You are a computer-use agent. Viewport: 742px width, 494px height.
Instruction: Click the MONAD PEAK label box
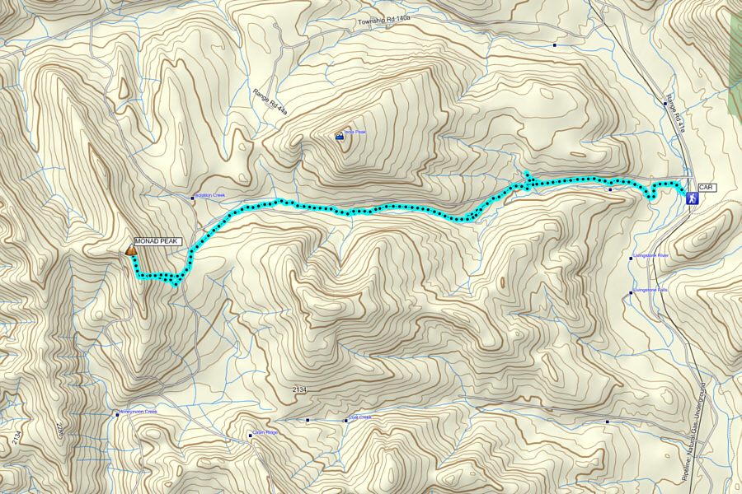(157, 240)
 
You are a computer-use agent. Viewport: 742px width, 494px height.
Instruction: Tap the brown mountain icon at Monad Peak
(131, 249)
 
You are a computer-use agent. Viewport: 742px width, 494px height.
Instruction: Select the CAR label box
(707, 188)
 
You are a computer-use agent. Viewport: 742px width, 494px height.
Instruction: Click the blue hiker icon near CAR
(692, 198)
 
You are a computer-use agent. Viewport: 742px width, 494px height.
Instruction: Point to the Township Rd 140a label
(385, 21)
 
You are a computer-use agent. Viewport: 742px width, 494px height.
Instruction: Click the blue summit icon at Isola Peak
(339, 137)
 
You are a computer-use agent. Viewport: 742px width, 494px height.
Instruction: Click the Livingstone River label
(650, 256)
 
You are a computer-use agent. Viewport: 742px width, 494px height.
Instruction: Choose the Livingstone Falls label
(650, 290)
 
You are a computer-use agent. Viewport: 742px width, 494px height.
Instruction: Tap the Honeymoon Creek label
(139, 412)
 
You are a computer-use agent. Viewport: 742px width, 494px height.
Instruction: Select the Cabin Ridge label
(265, 432)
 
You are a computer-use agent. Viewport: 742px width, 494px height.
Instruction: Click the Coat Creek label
(359, 417)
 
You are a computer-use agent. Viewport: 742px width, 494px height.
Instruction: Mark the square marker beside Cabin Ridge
(250, 436)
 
